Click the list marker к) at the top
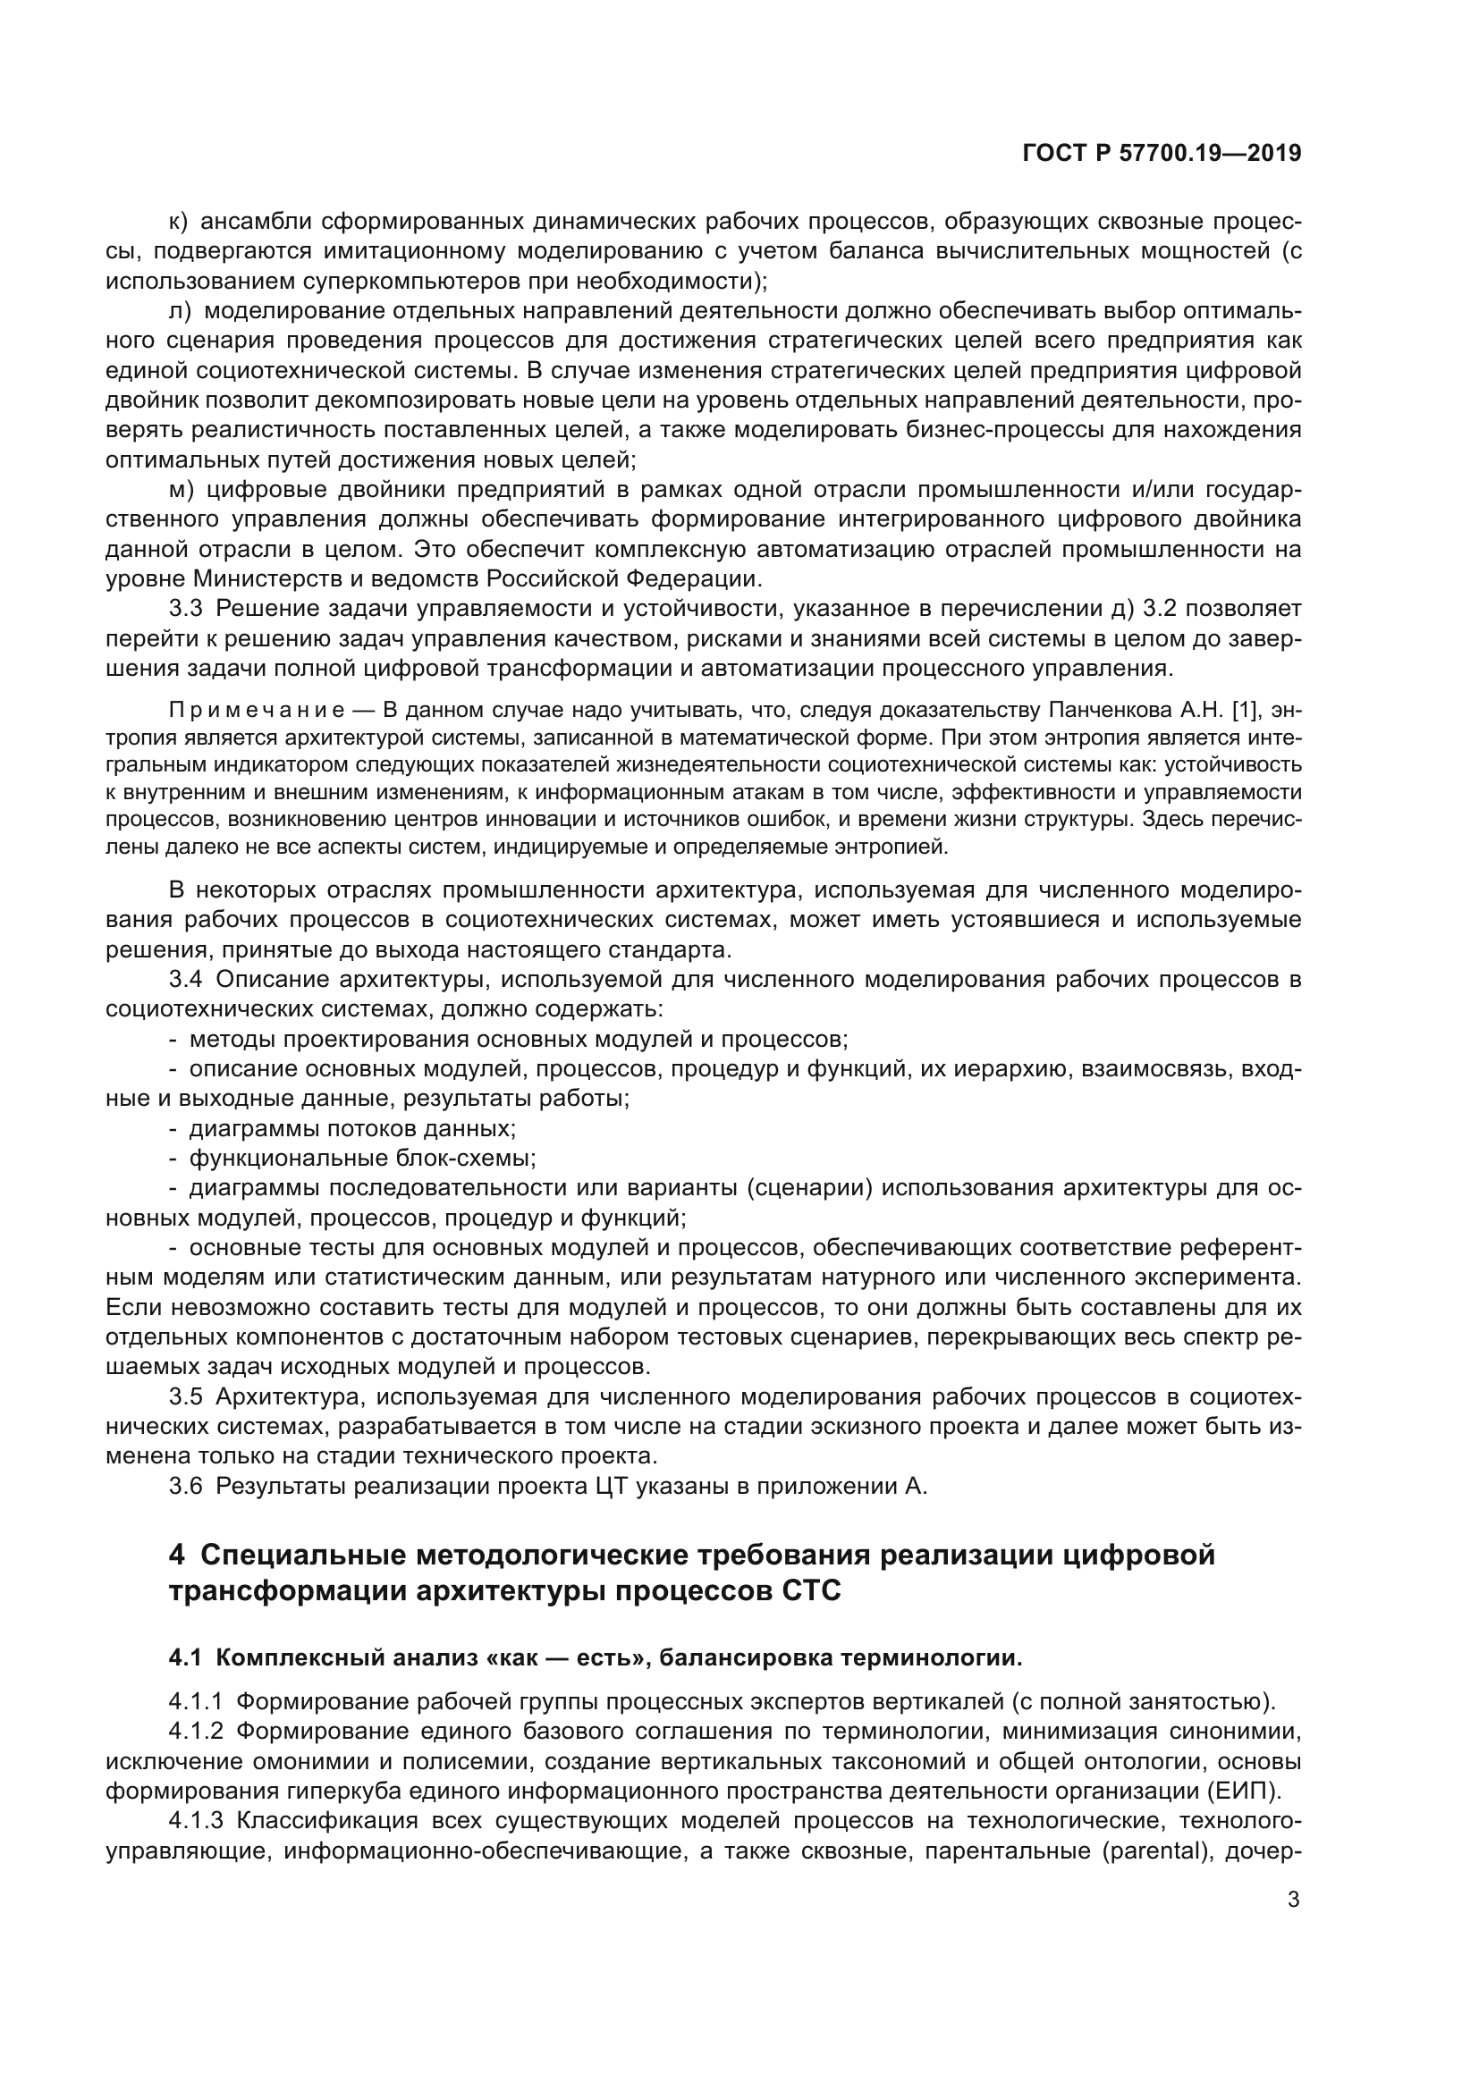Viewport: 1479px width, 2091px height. coord(179,222)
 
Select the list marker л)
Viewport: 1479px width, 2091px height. coord(181,310)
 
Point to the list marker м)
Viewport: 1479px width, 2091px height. coord(182,490)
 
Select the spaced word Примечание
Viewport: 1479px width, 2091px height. coord(257,710)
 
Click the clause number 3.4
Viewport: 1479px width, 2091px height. coord(186,980)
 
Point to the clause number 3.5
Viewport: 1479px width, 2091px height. coord(186,1397)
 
